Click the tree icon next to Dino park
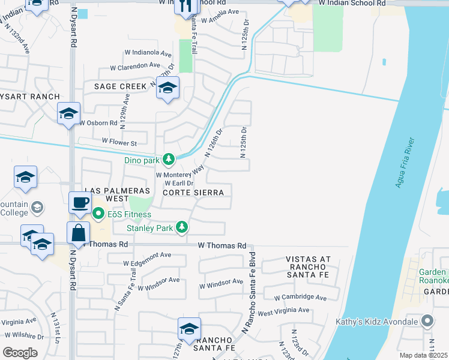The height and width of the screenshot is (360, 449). [x=169, y=159]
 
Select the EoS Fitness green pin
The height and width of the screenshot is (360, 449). [x=98, y=214]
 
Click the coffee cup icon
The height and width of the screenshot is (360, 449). [x=80, y=202]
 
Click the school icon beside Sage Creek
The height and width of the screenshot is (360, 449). [x=167, y=88]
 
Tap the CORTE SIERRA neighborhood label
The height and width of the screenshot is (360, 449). [x=193, y=193]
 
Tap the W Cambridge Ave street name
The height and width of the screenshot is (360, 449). [x=300, y=298]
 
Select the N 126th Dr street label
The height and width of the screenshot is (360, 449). [x=214, y=142]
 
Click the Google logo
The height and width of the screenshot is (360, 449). [x=20, y=352]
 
